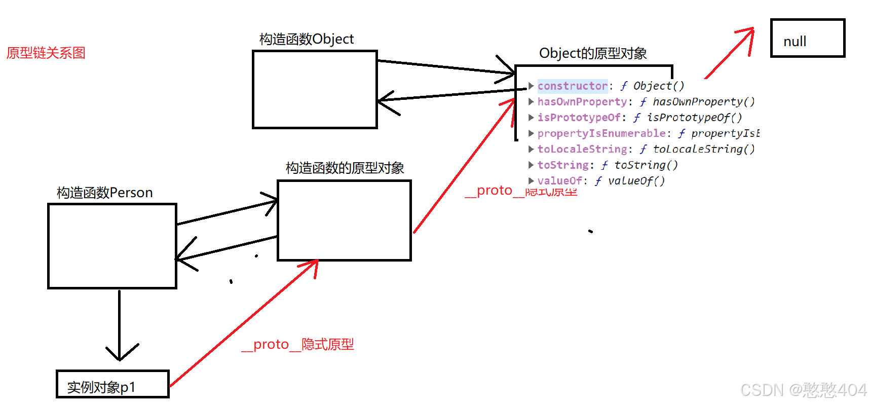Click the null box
coord(807,39)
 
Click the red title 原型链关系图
coord(46,53)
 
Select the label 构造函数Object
coord(306,39)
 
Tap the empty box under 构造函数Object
coord(315,89)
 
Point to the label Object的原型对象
coord(592,53)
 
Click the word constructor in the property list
coord(572,86)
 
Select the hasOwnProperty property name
coord(582,102)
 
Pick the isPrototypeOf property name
coord(579,118)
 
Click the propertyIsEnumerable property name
coord(601,133)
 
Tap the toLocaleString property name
coord(582,149)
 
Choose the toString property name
coord(562,165)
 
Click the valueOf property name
coord(559,181)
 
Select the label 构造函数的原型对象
coord(345,168)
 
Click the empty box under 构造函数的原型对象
coord(344,220)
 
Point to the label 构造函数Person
coord(104,193)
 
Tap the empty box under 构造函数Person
coord(112,246)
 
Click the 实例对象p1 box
coord(112,384)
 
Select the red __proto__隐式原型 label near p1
coord(297,345)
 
